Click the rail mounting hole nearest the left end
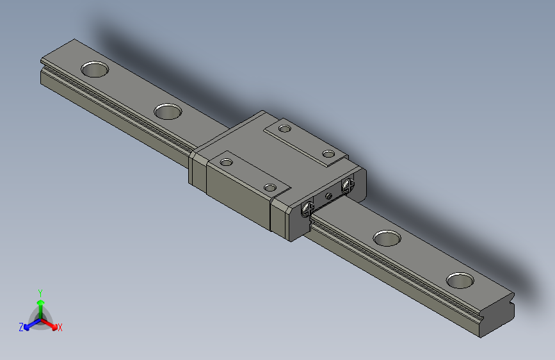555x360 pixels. click(94, 69)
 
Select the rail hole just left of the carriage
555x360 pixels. click(168, 111)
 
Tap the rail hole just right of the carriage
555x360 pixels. click(387, 238)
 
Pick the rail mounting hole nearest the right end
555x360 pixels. click(460, 280)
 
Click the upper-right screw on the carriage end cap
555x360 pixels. click(348, 186)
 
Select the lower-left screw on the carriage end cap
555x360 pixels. click(307, 208)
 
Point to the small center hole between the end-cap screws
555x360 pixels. click(328, 195)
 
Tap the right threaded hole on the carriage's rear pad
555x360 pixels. click(328, 154)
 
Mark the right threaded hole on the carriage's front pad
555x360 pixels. click(270, 187)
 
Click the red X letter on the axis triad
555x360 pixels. click(60, 328)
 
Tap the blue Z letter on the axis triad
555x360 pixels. click(20, 327)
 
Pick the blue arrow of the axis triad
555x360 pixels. click(29, 324)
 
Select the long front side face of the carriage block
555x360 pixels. click(237, 198)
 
